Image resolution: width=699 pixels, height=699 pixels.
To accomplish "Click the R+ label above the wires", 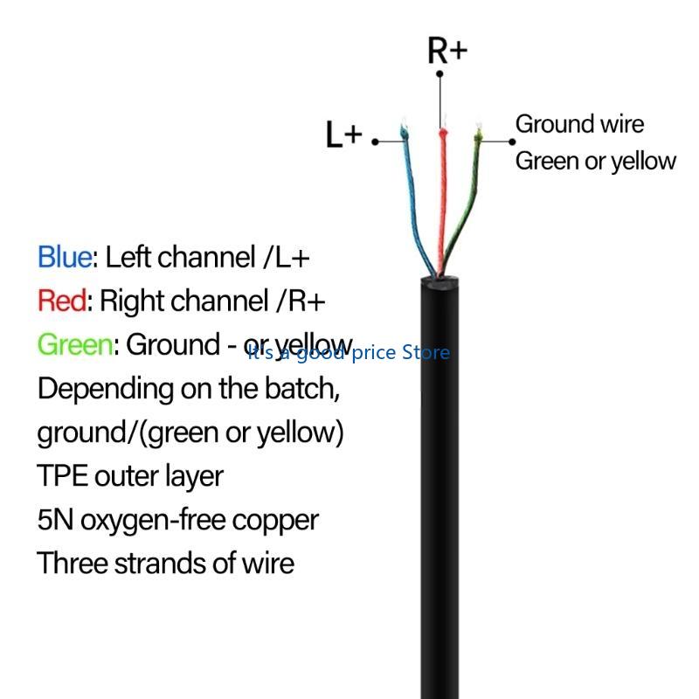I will (x=447, y=50).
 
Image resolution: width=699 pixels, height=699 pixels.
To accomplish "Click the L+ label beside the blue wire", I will (x=343, y=135).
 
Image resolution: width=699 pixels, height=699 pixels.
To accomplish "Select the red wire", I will (x=442, y=201).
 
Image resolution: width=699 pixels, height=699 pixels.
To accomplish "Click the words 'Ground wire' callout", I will (x=579, y=124).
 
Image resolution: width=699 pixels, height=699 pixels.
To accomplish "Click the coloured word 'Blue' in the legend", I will (x=64, y=257).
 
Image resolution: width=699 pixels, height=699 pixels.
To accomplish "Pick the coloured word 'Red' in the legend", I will (x=61, y=301).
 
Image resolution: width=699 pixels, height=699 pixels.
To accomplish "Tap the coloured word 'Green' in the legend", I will (x=74, y=345).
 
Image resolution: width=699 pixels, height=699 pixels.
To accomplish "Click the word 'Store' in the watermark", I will (x=426, y=352).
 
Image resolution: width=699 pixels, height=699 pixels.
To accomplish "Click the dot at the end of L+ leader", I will (x=376, y=141).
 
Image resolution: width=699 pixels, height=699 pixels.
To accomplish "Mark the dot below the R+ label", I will (x=439, y=73).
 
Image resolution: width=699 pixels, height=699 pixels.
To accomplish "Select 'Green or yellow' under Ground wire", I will (x=595, y=162).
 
